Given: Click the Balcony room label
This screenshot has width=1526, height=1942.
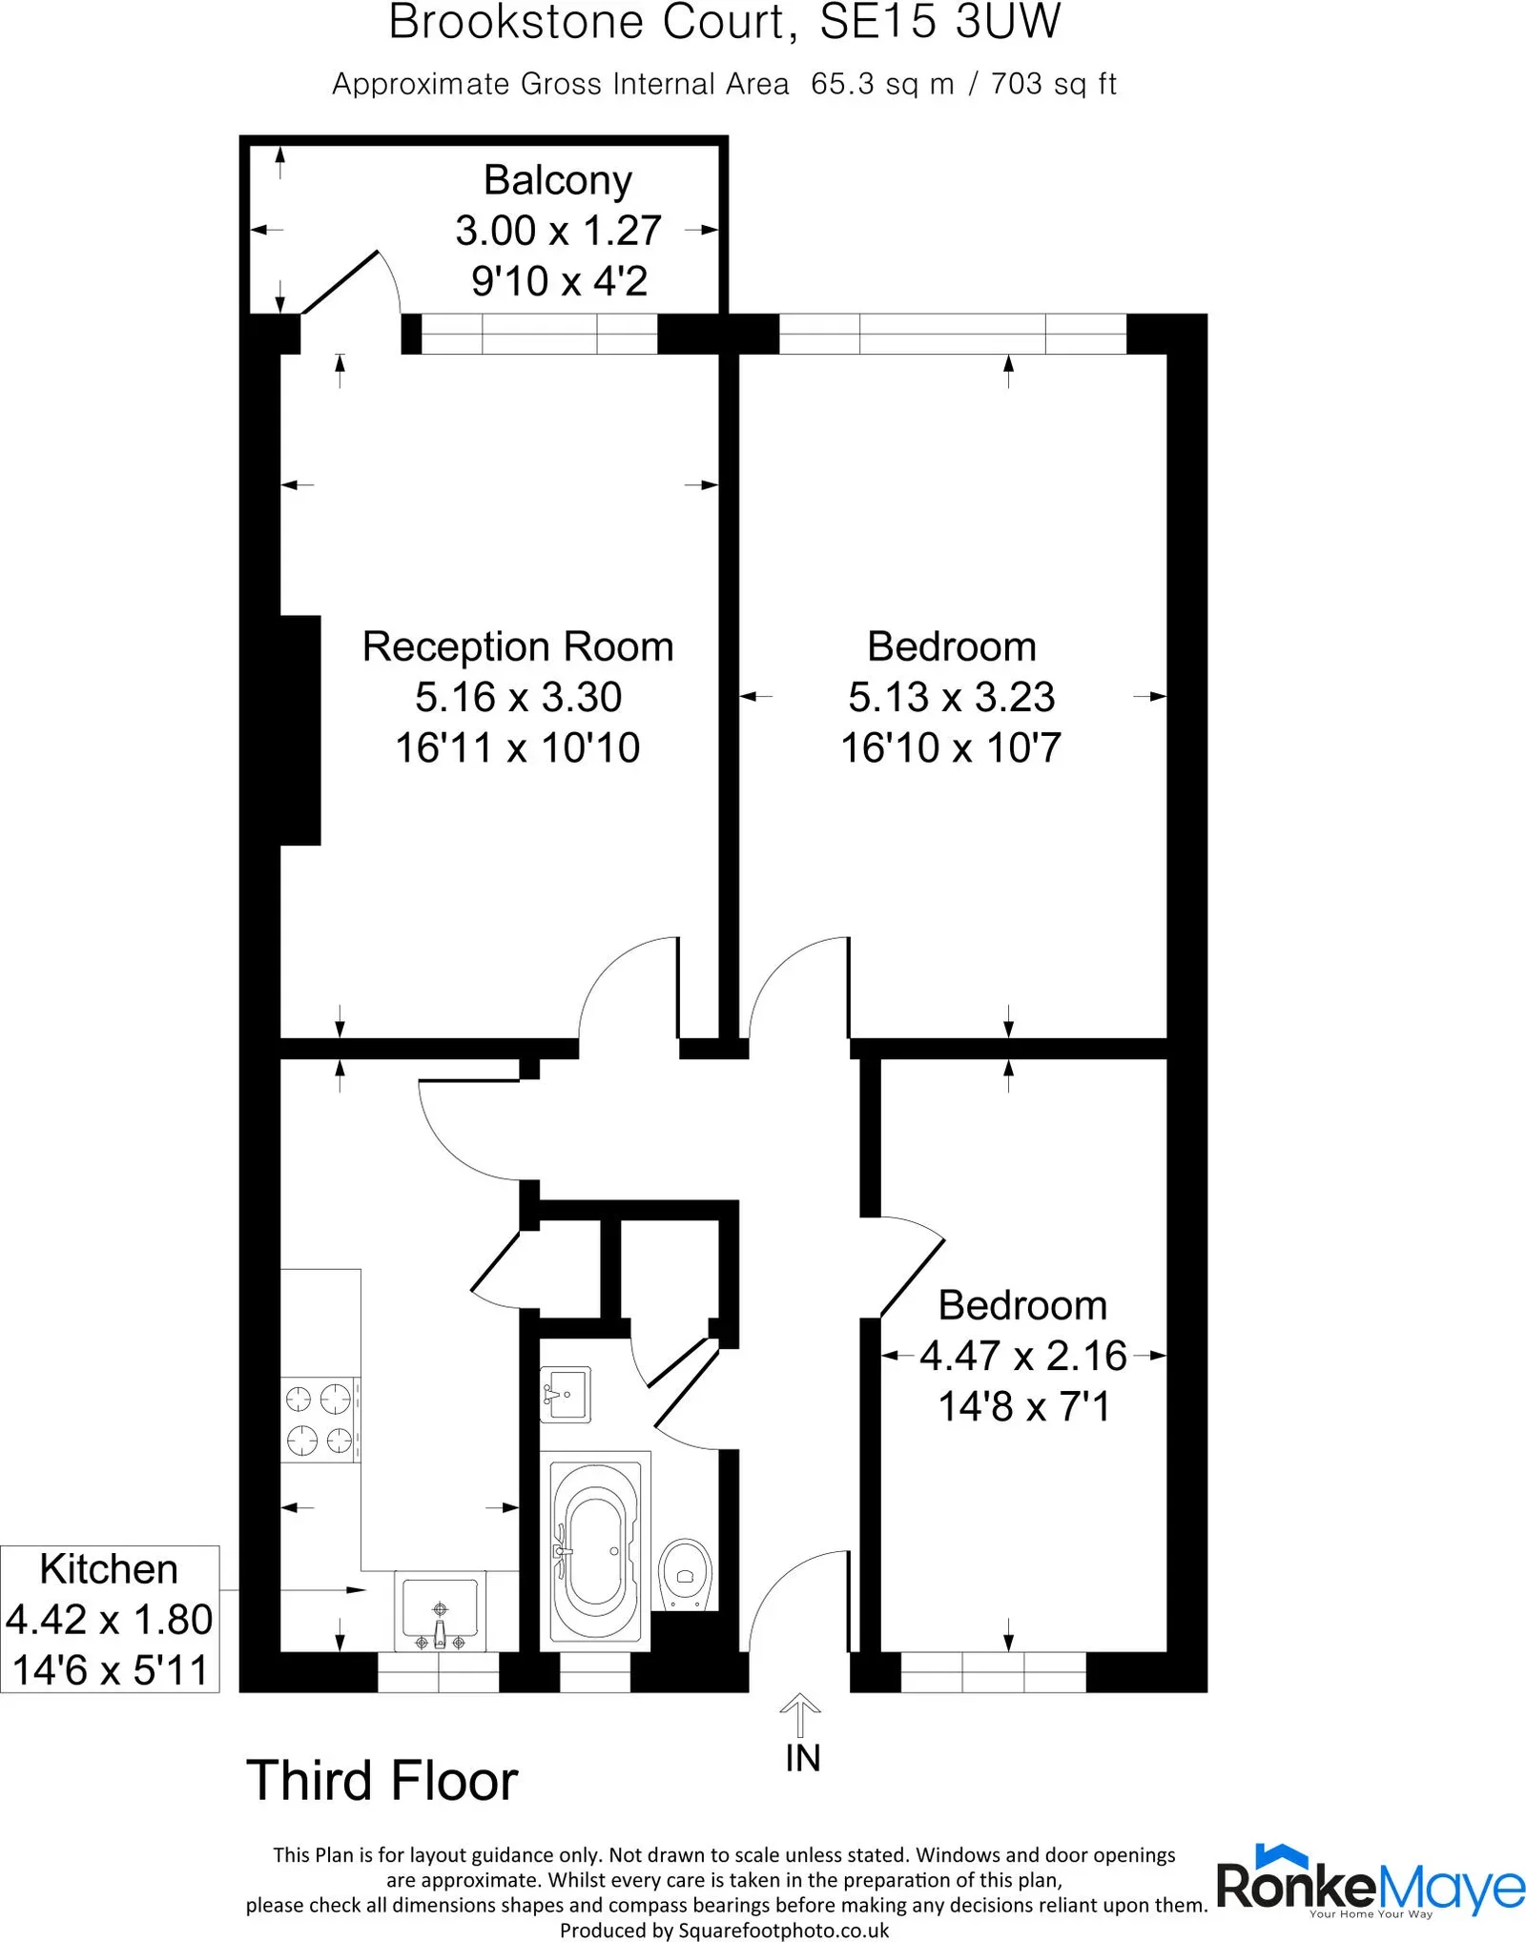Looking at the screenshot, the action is tap(558, 180).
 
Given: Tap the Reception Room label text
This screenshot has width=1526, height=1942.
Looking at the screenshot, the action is tap(518, 646).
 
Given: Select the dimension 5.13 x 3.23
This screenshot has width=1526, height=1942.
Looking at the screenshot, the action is tap(952, 697).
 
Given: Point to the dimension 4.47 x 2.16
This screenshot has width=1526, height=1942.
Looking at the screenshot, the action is tap(1023, 1356).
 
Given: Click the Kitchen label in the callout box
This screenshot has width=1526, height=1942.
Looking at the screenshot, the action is tap(109, 1568).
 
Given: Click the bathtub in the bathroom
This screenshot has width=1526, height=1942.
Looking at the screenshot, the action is tap(595, 1544).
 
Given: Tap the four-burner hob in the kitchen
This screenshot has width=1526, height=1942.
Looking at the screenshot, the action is tap(320, 1420).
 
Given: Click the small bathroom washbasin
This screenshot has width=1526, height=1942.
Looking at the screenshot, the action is tap(566, 1394).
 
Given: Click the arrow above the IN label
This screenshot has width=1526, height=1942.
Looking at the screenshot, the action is tap(800, 1715).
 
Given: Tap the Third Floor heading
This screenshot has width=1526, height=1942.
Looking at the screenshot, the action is tap(381, 1781).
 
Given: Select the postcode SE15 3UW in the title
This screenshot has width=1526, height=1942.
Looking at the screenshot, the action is tap(940, 21).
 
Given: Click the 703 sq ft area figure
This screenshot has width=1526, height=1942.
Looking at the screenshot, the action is tap(1054, 85).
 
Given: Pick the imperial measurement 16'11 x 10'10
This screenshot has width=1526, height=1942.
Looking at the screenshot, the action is tap(518, 747).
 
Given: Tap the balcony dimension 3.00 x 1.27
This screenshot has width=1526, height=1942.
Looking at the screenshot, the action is tap(558, 231).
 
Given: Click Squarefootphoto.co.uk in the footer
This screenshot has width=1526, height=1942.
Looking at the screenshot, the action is tap(784, 1931).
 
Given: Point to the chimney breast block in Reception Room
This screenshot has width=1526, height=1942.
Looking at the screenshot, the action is tap(300, 730).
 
